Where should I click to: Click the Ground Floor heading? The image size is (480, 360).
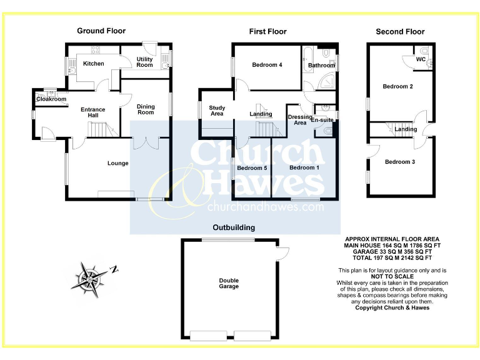coord(101,31)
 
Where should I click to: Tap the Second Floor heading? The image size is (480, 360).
coord(400,31)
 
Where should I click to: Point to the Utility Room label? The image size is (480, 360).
coord(144,62)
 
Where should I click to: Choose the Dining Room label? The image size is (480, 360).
coord(146,109)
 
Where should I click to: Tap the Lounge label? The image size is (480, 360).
coord(117,164)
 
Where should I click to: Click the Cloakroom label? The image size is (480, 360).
coord(51,99)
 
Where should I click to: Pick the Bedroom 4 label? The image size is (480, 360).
coord(267,65)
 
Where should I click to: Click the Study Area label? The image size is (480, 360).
coord(217,110)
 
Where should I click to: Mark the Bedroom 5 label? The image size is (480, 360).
coord(252,168)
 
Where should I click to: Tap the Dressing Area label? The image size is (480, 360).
coord(300,119)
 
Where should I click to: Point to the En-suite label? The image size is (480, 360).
coord(322,119)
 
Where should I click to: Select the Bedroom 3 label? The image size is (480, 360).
coord(400,162)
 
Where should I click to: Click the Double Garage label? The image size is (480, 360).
coord(229,283)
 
